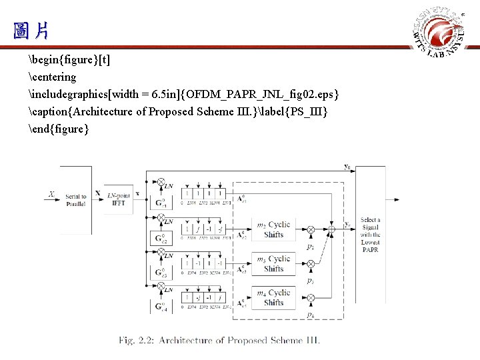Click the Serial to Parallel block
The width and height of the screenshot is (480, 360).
[75, 199]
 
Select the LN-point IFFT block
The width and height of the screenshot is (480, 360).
[119, 199]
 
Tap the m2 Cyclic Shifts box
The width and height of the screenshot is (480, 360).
[274, 229]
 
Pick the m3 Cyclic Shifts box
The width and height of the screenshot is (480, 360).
[274, 264]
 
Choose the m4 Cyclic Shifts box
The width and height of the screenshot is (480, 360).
[274, 297]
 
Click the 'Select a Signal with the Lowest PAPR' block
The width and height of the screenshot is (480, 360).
[370, 235]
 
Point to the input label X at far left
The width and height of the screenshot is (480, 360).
[51, 195]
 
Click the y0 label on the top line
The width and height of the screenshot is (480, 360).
[347, 166]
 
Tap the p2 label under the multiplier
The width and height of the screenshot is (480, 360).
[311, 247]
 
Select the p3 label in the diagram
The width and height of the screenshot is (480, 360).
[311, 281]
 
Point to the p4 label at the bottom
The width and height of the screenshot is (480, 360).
[311, 314]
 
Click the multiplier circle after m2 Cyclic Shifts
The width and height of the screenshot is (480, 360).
[311, 229]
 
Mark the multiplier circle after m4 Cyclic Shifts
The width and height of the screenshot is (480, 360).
[311, 297]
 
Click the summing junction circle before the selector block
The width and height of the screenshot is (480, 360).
[331, 229]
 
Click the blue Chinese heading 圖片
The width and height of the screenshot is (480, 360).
[30, 30]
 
